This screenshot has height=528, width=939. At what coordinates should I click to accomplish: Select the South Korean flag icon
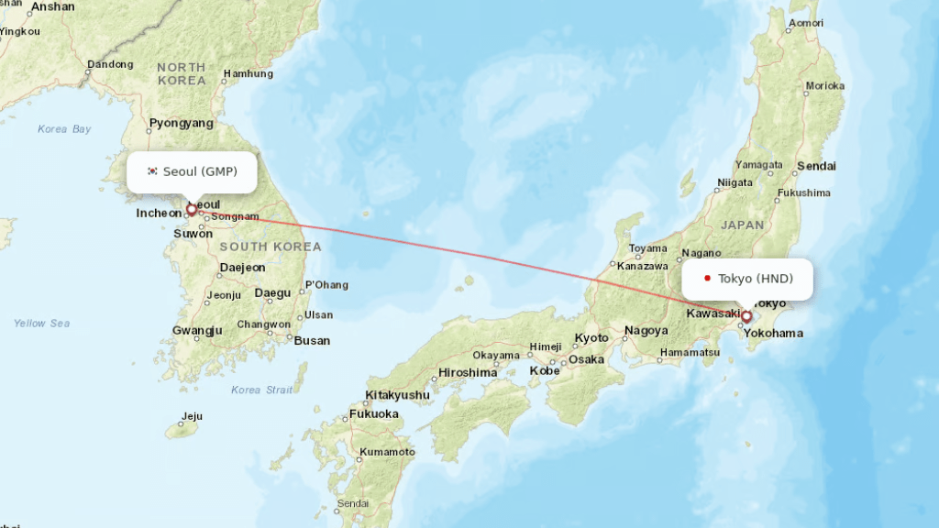click(x=152, y=171)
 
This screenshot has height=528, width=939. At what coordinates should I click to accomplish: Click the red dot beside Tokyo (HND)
click(x=708, y=279)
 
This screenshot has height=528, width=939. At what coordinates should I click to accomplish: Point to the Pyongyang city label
click(x=182, y=123)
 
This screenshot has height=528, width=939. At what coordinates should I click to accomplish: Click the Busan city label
click(x=312, y=340)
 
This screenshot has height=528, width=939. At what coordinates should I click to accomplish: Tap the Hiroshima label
click(x=468, y=372)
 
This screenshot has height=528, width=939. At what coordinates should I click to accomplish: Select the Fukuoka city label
click(x=373, y=413)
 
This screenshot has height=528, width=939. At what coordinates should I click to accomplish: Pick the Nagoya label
click(x=646, y=331)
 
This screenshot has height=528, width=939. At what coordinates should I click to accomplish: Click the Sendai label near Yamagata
click(x=816, y=166)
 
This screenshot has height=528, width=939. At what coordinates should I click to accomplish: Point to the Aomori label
click(x=805, y=23)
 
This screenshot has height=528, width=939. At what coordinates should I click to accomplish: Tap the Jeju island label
click(x=192, y=416)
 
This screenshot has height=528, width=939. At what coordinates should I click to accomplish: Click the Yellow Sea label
click(x=42, y=323)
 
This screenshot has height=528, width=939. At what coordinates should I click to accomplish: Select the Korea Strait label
click(x=262, y=390)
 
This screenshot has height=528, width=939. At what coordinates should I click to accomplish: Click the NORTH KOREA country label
click(x=182, y=73)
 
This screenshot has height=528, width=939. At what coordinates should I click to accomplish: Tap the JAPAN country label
click(x=742, y=225)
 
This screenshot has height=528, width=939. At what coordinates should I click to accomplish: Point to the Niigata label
click(x=735, y=182)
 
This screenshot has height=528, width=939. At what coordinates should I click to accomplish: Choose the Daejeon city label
click(x=242, y=268)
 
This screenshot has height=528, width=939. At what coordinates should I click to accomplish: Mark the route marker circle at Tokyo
click(x=746, y=316)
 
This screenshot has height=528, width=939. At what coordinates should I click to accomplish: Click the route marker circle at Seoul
click(x=192, y=209)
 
